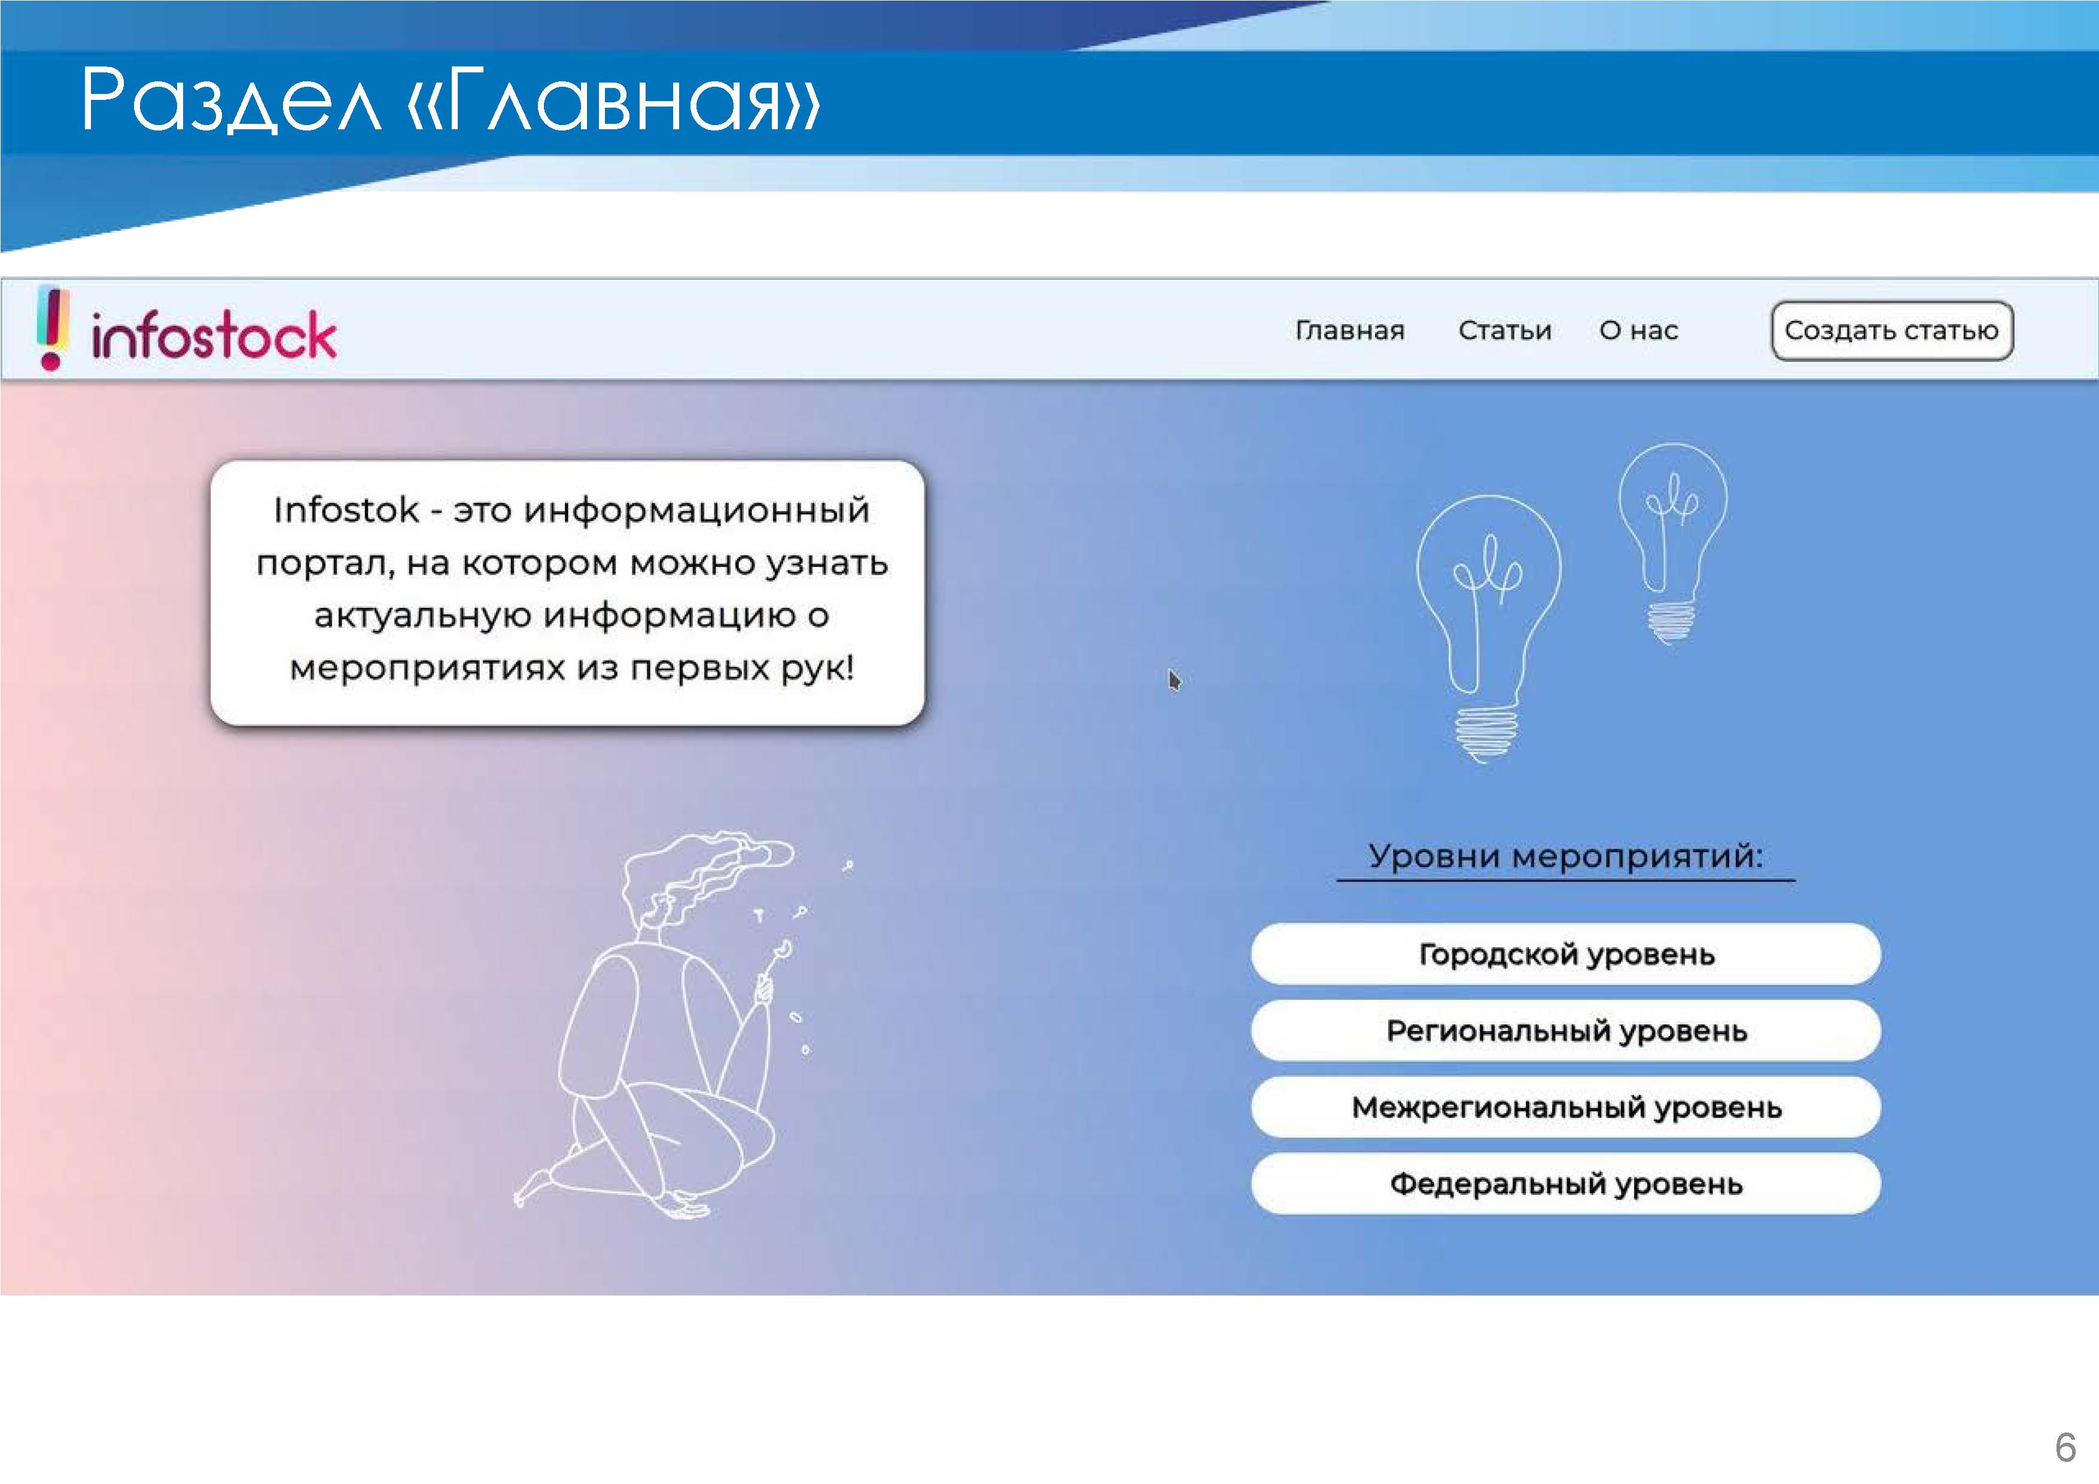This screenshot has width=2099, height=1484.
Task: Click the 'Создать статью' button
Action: click(1891, 330)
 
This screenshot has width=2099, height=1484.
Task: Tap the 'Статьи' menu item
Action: click(1505, 330)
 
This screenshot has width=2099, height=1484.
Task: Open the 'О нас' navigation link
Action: click(1638, 330)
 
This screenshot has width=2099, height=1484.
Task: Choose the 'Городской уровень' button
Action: click(1566, 954)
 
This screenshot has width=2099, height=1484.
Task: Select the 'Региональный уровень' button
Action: click(1566, 1030)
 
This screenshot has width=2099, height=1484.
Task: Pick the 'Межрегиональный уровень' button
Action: click(1566, 1107)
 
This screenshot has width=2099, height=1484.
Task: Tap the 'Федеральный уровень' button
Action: click(1566, 1184)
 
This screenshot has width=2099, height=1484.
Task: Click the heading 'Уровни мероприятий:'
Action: click(1565, 856)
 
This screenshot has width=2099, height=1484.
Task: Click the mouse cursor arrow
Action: click(1175, 680)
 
